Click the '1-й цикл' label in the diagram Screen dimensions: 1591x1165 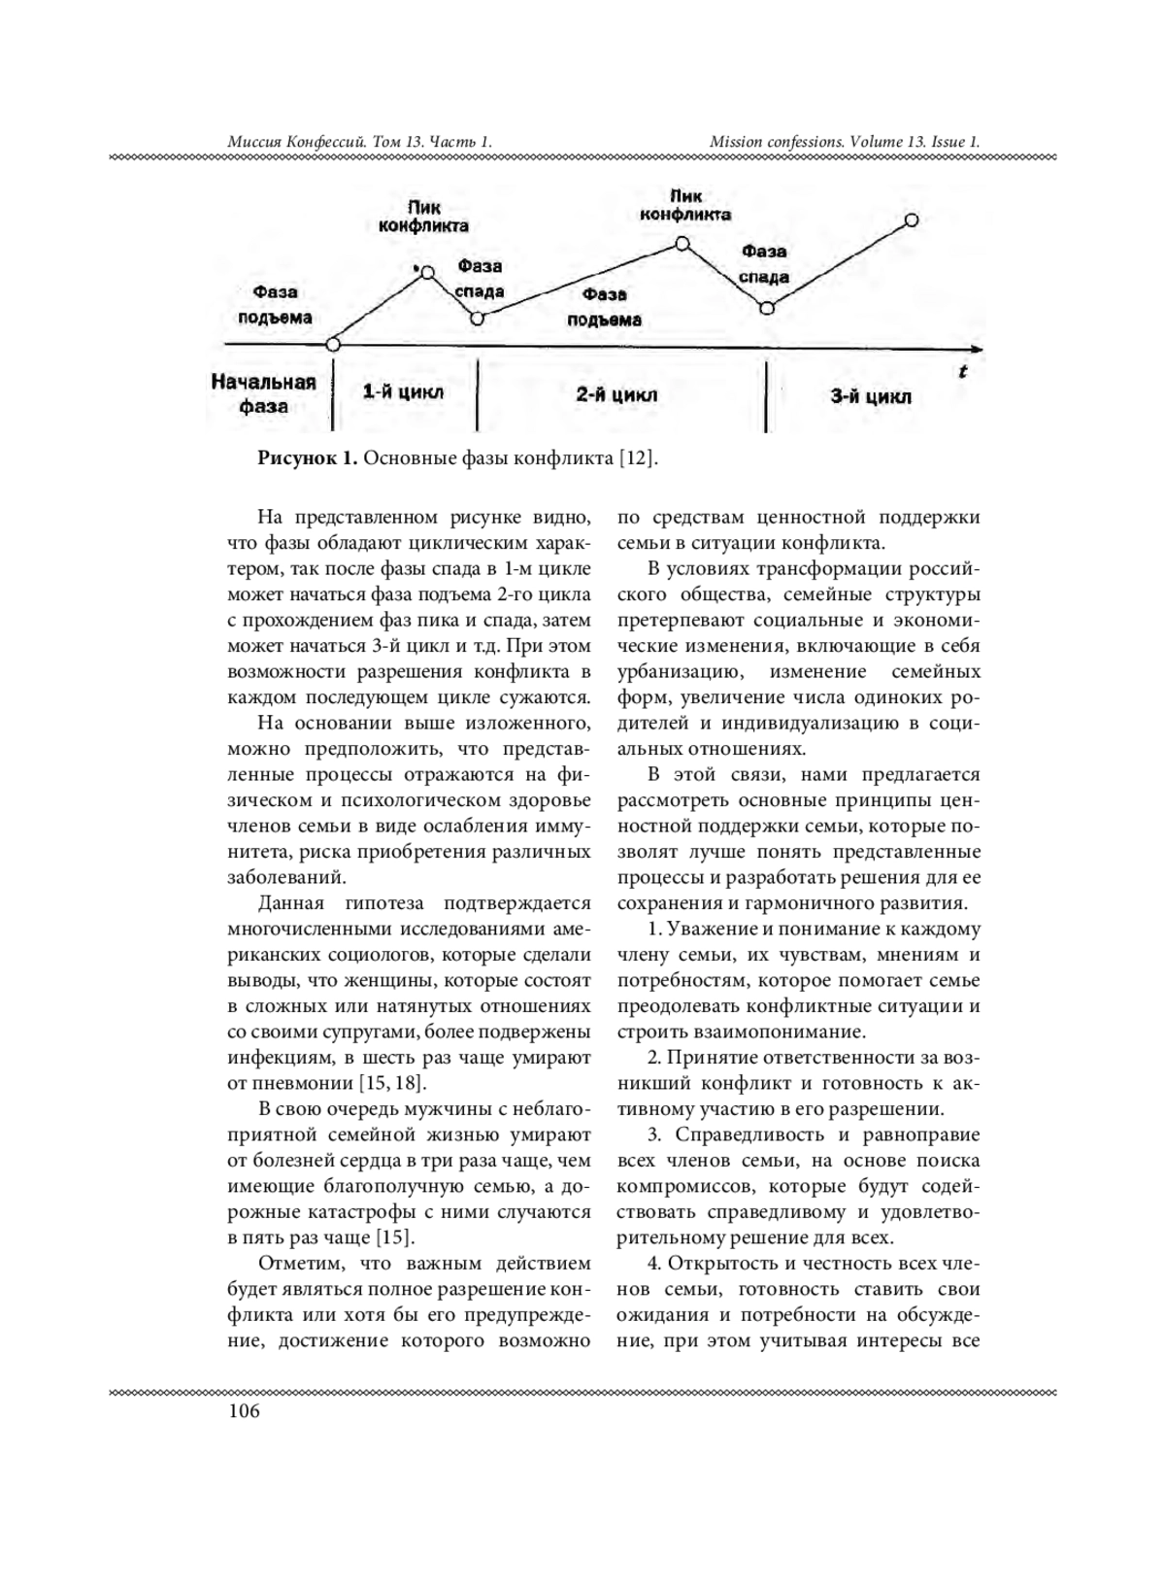click(403, 392)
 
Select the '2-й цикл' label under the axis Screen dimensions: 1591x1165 click(616, 394)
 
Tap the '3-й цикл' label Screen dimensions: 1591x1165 click(871, 396)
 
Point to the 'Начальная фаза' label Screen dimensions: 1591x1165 click(264, 393)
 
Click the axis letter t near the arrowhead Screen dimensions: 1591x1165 click(962, 371)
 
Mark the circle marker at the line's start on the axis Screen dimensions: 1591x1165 click(334, 344)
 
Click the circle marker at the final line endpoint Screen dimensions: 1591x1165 click(911, 220)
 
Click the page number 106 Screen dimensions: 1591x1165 click(244, 1411)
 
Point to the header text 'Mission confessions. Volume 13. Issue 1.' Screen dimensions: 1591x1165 click(844, 142)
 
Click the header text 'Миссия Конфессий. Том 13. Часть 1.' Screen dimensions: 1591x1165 click(359, 142)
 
